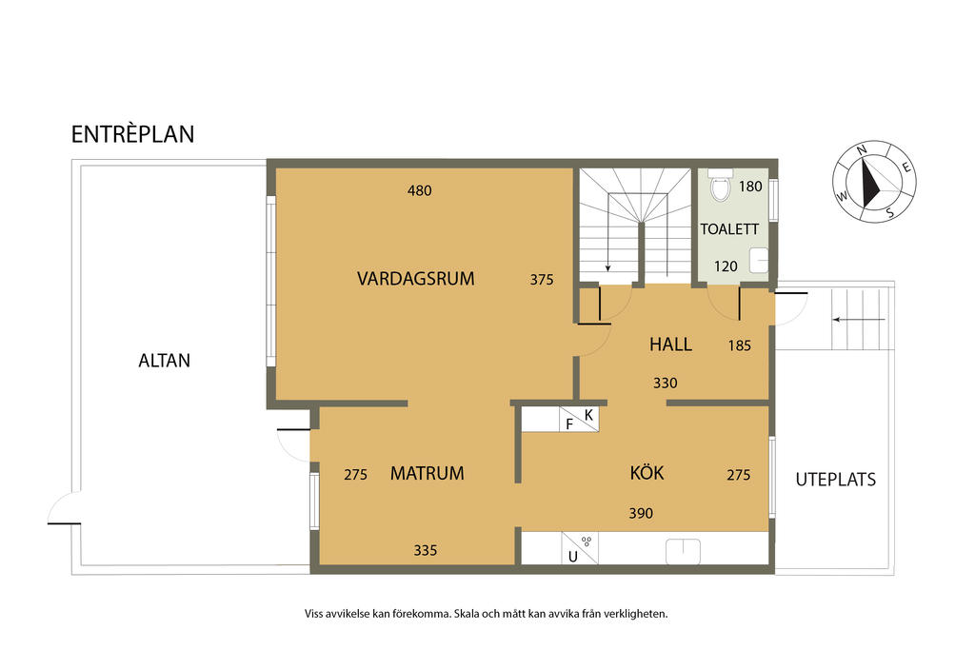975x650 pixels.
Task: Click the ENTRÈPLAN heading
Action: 132,134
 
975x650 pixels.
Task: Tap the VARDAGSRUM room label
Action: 415,279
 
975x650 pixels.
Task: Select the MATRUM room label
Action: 428,474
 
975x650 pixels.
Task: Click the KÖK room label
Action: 647,472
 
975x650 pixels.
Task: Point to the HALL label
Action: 670,345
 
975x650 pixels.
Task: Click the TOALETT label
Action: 729,229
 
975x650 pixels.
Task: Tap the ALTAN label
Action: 164,361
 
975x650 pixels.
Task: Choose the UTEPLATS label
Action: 836,479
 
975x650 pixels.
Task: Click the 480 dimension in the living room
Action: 419,190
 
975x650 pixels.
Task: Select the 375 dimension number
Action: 542,280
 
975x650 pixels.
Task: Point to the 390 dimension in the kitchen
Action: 641,513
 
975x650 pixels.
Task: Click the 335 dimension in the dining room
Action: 426,550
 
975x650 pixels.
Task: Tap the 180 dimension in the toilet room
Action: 750,187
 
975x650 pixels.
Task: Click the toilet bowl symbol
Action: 720,186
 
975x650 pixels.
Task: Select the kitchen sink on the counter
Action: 683,551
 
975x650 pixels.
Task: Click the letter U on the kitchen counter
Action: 572,557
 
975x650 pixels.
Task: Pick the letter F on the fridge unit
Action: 569,424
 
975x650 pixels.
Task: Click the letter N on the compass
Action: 862,149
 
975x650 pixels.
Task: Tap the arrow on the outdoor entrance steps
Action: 859,320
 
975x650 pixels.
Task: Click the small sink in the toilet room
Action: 759,260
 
